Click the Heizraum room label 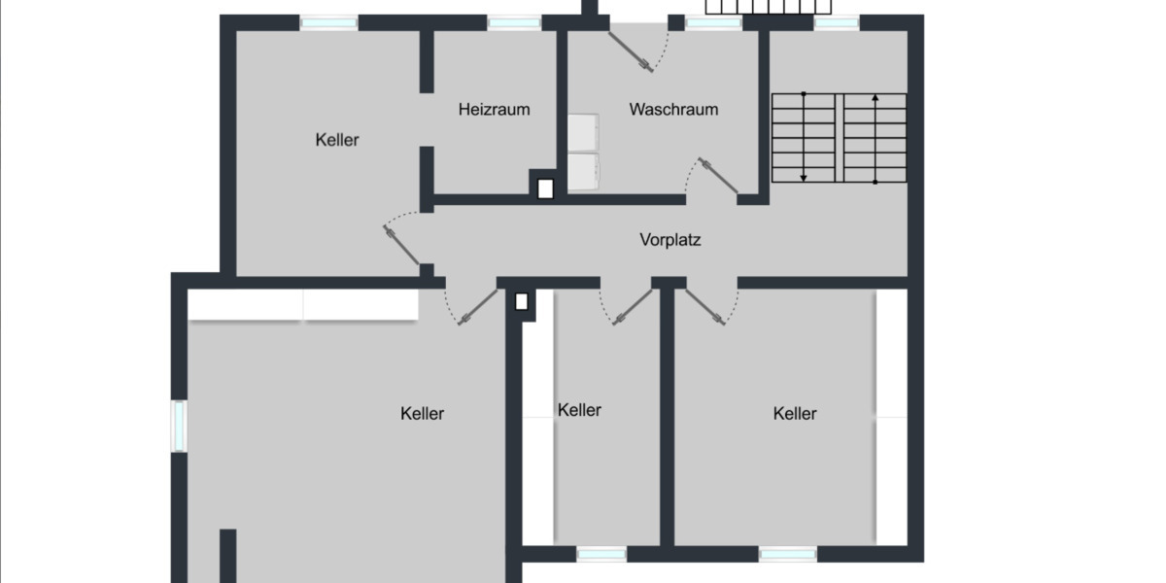click(x=495, y=110)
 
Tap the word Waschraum click(x=673, y=110)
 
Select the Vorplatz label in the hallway click(x=670, y=239)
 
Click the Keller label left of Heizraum click(x=337, y=140)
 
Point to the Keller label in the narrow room click(x=579, y=410)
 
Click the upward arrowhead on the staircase click(x=875, y=98)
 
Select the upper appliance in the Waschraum click(x=585, y=133)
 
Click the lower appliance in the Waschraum click(x=585, y=171)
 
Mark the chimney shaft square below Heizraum click(x=545, y=189)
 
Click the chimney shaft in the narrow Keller click(x=522, y=301)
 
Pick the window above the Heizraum click(x=514, y=22)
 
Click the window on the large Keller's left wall click(x=179, y=426)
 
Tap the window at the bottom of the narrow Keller click(x=601, y=554)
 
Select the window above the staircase click(x=836, y=22)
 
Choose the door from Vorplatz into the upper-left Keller click(x=401, y=247)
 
